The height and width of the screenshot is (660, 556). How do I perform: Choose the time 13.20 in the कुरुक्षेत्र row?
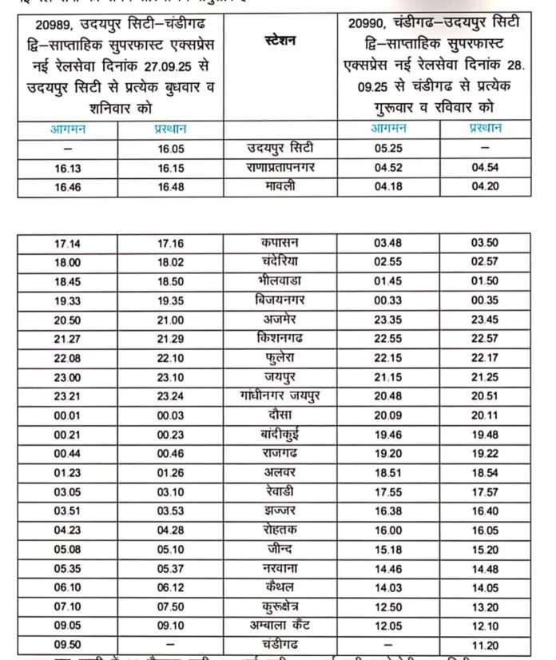485,606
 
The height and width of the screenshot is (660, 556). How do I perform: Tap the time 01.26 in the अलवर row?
170,472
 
